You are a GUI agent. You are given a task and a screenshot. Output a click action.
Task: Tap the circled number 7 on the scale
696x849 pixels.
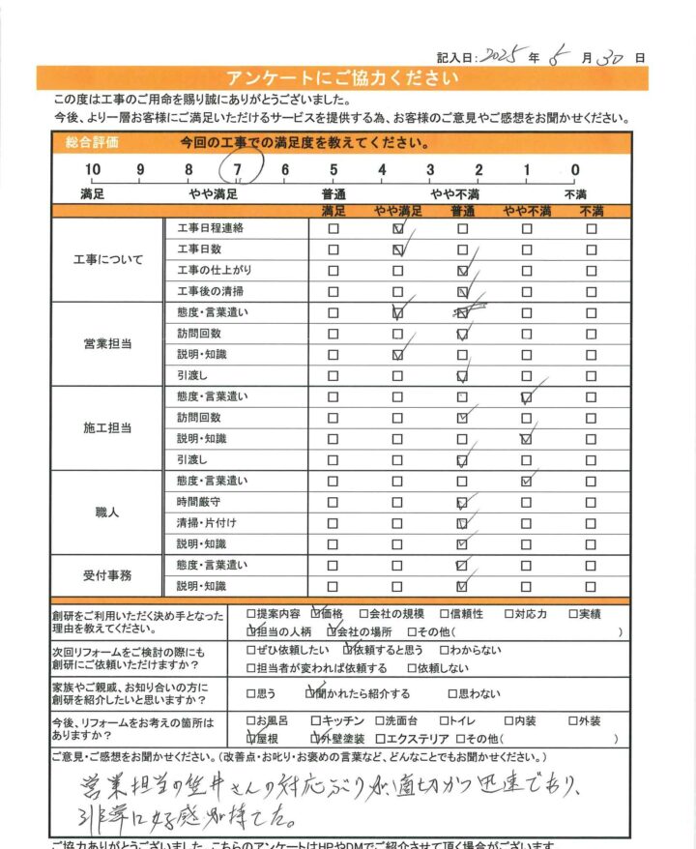click(237, 171)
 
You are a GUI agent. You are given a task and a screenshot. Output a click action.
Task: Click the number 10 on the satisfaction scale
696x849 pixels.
click(93, 171)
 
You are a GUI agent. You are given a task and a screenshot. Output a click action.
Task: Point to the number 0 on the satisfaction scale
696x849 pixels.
click(575, 171)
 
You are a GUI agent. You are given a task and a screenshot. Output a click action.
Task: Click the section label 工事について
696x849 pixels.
click(107, 260)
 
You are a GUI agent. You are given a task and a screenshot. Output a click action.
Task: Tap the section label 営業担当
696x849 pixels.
click(107, 343)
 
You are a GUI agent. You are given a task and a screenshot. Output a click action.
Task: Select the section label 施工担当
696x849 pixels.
click(107, 427)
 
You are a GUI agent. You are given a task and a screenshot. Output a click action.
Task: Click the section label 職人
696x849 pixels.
click(107, 512)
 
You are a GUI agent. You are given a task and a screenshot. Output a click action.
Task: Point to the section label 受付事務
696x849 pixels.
click(107, 575)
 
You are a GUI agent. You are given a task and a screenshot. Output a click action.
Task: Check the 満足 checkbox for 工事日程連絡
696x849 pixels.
click(333, 229)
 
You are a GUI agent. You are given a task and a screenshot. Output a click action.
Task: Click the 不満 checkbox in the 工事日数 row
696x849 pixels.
click(591, 250)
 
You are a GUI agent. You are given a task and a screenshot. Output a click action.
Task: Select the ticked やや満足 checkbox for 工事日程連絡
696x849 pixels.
click(398, 230)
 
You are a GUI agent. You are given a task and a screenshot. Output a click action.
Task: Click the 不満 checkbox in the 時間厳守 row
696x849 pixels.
click(591, 502)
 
